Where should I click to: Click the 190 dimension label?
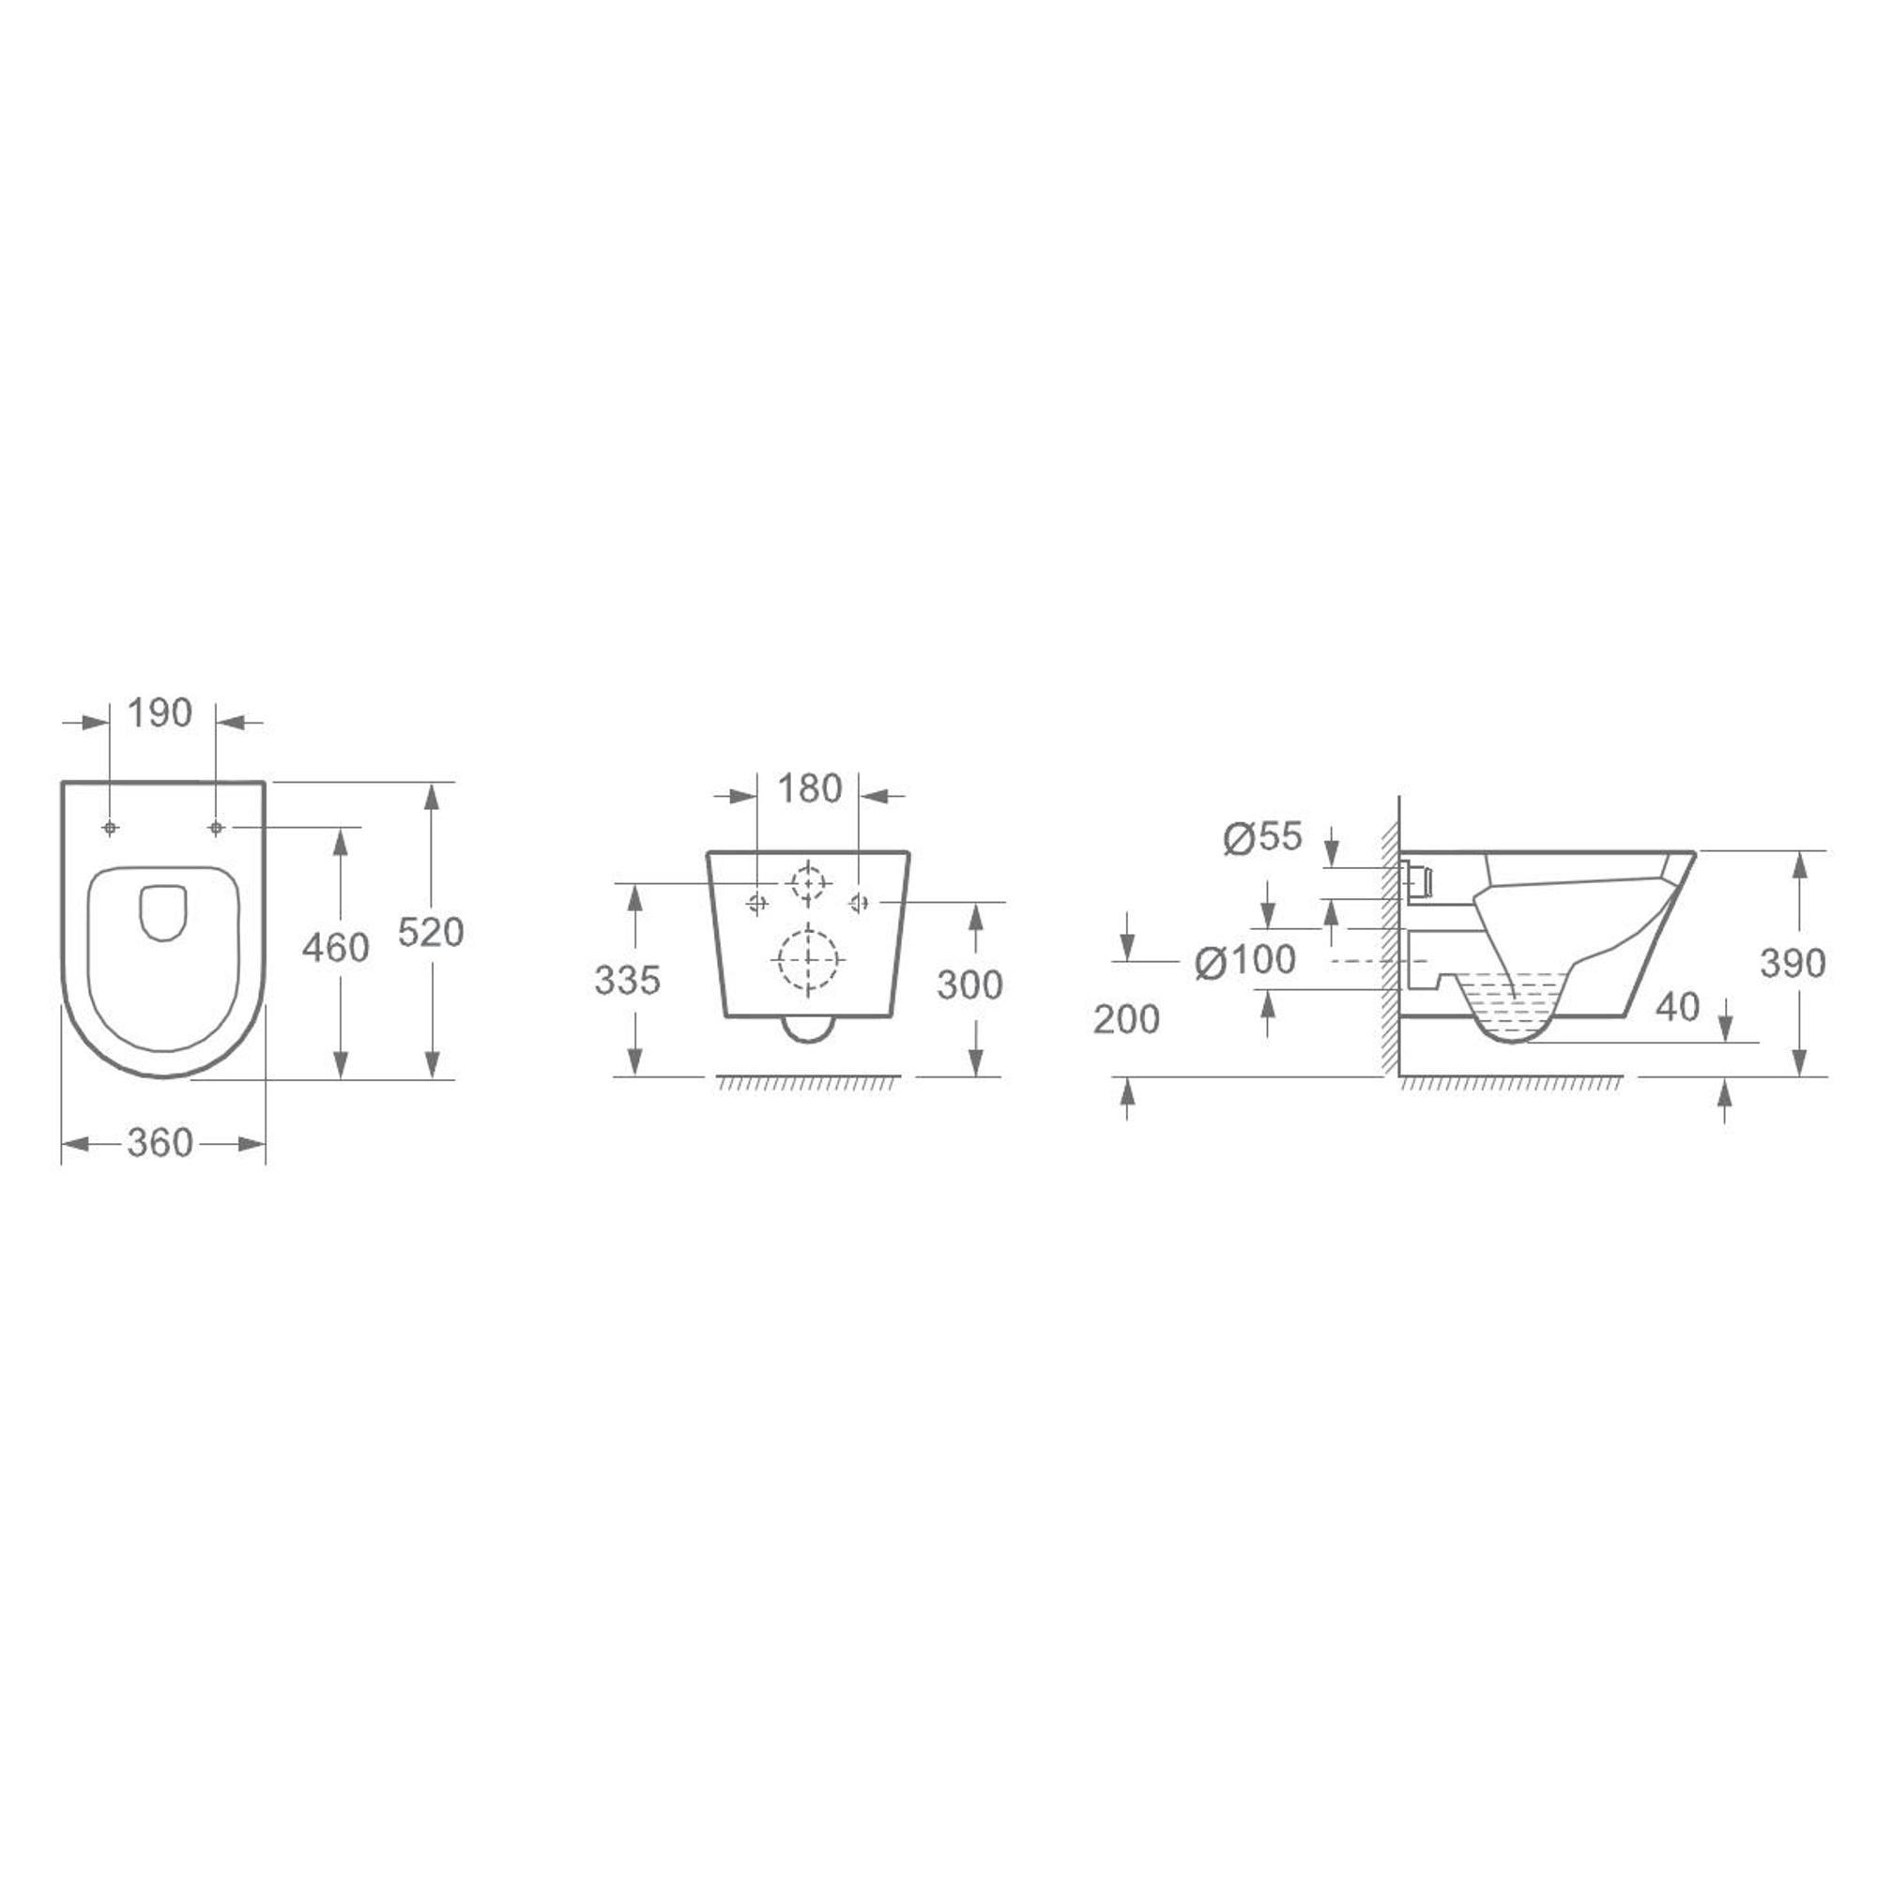coord(160,713)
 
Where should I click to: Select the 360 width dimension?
coord(160,1143)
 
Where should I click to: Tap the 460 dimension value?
coord(335,947)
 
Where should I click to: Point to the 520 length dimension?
coord(432,933)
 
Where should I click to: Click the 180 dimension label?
coord(809,789)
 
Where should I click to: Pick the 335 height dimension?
coord(628,982)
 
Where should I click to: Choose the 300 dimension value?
coord(969,985)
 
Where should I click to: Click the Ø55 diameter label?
coord(1262,837)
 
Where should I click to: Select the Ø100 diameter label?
coord(1245,961)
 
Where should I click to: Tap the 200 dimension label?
coord(1127,1019)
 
